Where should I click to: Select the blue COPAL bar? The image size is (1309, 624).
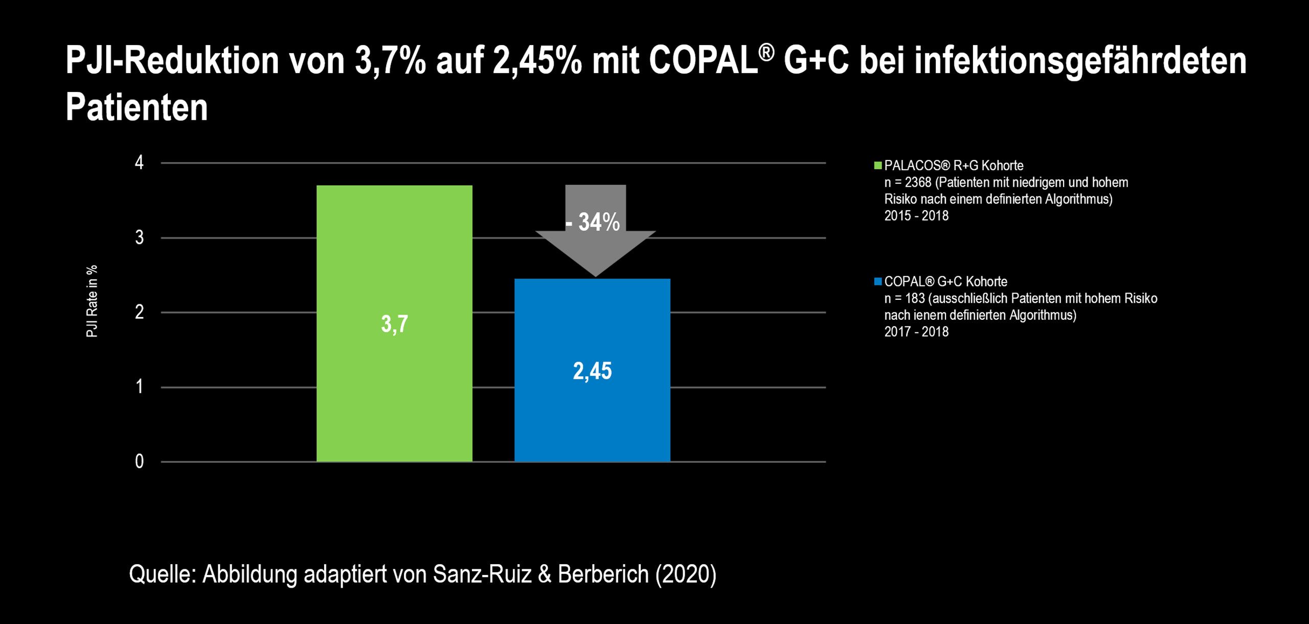click(592, 419)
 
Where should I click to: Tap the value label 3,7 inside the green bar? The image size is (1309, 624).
click(394, 324)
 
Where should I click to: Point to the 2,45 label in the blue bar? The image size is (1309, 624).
click(592, 371)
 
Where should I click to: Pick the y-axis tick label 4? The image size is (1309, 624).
click(139, 163)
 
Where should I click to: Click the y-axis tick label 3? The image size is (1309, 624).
click(139, 238)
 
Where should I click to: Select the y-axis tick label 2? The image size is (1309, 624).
click(139, 313)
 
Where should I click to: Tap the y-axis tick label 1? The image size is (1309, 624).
click(139, 387)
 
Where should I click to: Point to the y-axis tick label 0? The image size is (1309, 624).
click(139, 462)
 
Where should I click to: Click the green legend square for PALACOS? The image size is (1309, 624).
click(878, 166)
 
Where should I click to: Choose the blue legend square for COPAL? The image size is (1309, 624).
click(878, 281)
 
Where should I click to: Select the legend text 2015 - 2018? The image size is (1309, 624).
click(916, 216)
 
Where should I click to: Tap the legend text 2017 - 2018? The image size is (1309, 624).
click(916, 332)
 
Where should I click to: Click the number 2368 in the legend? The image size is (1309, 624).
click(918, 183)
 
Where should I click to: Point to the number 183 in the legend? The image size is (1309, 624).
click(915, 299)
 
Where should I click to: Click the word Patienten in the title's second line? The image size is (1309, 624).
click(137, 107)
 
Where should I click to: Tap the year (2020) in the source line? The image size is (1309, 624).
click(686, 574)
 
